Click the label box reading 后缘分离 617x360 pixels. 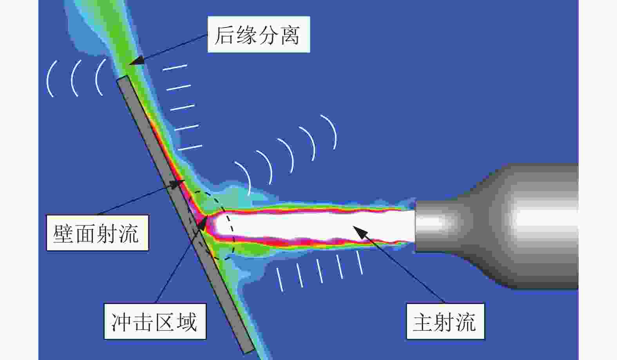tap(259, 34)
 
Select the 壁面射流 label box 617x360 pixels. tap(98, 233)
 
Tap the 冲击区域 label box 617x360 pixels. tap(155, 322)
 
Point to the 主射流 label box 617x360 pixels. tap(445, 322)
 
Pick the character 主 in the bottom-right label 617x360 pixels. tap(423, 322)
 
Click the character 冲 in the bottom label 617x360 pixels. tap(121, 322)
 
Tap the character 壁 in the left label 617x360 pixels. tap(63, 233)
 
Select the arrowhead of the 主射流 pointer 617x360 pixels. tap(359, 232)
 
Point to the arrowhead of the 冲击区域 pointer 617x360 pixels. tap(203, 223)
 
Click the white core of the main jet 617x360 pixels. tap(314, 225)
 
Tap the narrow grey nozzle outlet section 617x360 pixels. tap(435, 226)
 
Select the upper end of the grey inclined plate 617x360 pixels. tap(122, 78)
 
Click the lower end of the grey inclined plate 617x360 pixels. tap(248, 351)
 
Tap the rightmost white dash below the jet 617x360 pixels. tap(360, 262)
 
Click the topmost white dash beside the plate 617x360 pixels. tap(175, 67)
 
